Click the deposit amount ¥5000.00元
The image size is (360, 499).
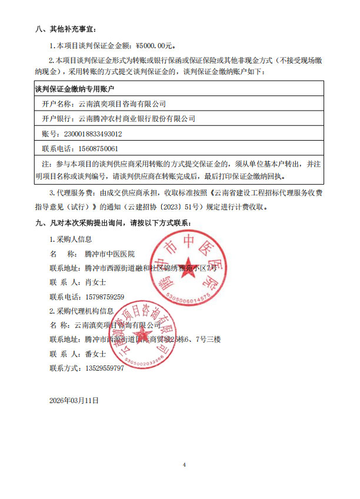155,45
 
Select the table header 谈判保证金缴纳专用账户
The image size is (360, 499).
75,89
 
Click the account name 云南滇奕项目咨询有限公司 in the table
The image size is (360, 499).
122,104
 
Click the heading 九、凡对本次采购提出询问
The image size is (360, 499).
117,223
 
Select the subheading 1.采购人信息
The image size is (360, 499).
71,239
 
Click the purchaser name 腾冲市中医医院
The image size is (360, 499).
110,254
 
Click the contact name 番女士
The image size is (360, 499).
95,354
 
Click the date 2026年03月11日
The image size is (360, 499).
75,400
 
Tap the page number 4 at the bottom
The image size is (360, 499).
184,464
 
